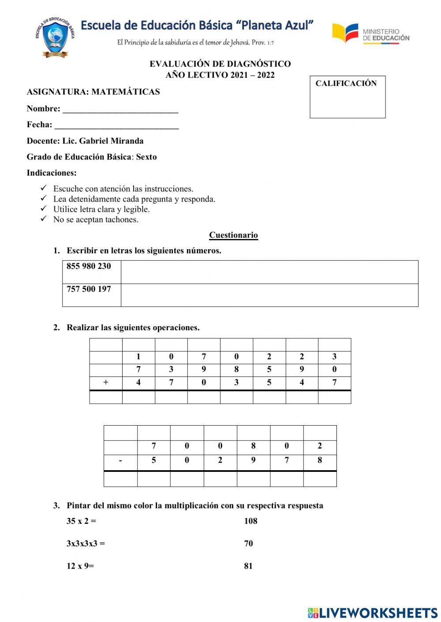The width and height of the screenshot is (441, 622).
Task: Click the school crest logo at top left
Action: point(55,37)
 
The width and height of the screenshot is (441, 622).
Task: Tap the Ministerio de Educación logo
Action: point(370,34)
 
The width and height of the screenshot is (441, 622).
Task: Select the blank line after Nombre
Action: point(120,110)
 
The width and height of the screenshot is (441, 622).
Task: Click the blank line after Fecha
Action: point(116,126)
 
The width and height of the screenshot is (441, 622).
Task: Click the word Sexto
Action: point(146,157)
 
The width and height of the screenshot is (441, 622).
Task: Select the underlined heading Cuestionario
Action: point(233,235)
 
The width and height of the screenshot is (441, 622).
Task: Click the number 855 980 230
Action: point(89,266)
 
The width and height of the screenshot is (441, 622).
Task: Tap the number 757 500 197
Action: point(89,289)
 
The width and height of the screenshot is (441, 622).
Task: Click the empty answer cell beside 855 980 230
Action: point(269,272)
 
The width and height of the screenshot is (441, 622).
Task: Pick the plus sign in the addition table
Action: point(105,383)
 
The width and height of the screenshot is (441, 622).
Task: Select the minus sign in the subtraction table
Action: point(120,460)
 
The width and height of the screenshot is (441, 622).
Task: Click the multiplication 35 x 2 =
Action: point(81,521)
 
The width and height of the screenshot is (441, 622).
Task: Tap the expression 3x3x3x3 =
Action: point(86,544)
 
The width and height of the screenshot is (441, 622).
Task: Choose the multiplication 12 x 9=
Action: point(80,566)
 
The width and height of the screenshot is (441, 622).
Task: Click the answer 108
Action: point(250,521)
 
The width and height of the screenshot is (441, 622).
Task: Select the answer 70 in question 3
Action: point(248,544)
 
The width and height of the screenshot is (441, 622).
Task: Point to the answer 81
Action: point(248,566)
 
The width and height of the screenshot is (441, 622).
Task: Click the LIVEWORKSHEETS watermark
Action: point(373,613)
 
